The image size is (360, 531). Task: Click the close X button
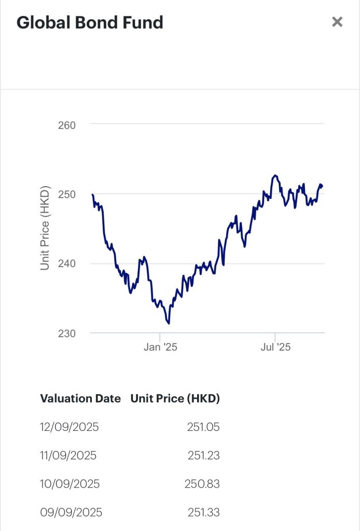tap(337, 22)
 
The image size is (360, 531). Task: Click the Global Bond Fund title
tap(90, 22)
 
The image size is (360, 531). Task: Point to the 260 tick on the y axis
tap(66, 125)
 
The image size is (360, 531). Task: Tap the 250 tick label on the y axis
tap(66, 194)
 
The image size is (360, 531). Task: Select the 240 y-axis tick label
tap(66, 263)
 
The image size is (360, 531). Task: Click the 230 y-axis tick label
tap(66, 333)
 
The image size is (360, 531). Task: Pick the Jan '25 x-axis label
tap(160, 347)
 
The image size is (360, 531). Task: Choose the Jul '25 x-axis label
tap(275, 347)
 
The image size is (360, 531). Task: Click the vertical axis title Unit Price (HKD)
tap(45, 228)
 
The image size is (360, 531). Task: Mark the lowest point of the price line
tap(169, 324)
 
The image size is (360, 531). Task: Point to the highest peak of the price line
tap(275, 175)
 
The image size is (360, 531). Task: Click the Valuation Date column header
tap(80, 398)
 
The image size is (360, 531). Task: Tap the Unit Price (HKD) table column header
tap(175, 398)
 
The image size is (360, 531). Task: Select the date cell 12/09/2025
tap(69, 427)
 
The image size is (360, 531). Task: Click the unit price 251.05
tap(203, 427)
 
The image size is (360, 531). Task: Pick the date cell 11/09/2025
tap(68, 456)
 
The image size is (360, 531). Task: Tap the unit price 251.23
tap(203, 456)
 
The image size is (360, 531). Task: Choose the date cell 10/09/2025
tap(70, 484)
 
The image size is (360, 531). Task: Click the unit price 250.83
tap(202, 484)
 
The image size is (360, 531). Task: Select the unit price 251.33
tap(203, 513)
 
